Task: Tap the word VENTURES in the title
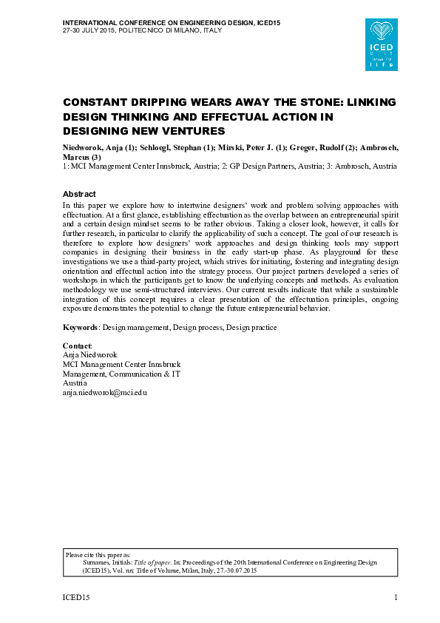pos(187,131)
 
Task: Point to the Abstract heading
pos(79,194)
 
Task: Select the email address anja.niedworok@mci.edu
pos(104,393)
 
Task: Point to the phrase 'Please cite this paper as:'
pos(98,554)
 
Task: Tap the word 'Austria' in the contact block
pos(75,383)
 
